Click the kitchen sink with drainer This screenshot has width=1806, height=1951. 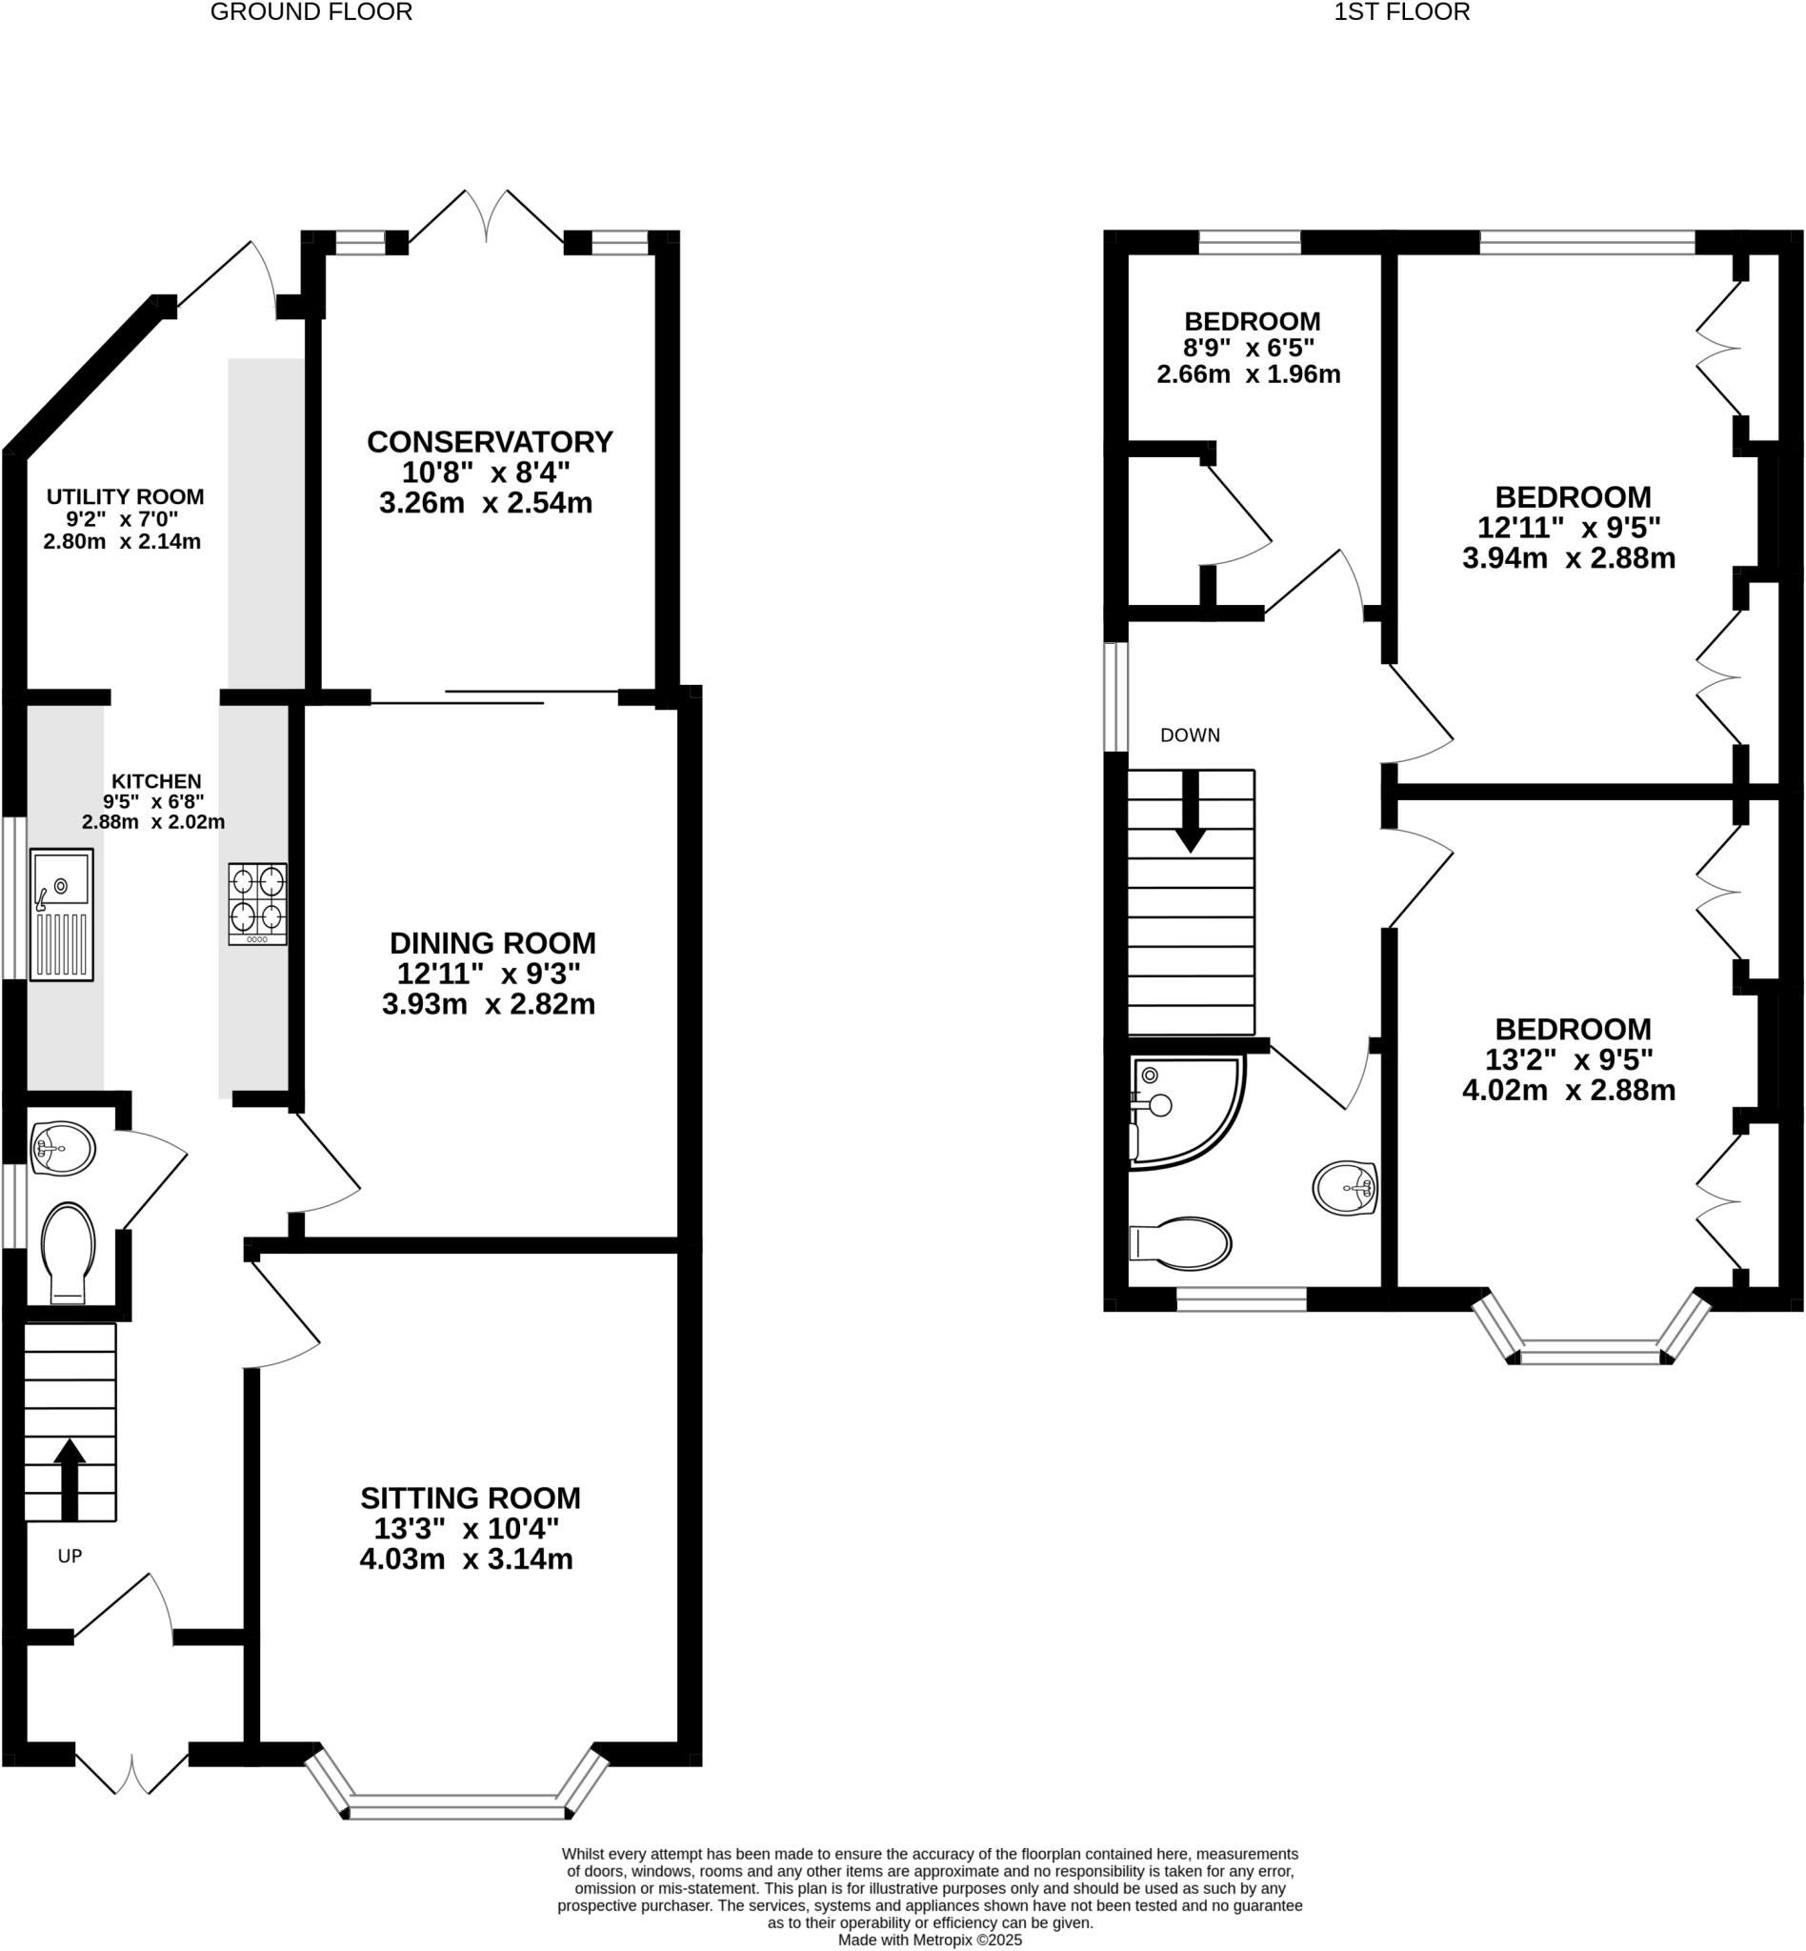(62, 914)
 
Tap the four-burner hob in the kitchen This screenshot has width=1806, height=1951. (257, 903)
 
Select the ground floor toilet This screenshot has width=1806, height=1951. (68, 1252)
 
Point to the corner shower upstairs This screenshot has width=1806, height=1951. (1184, 1111)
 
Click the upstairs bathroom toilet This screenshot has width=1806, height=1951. (1181, 1243)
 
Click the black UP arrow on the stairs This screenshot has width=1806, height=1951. (69, 1478)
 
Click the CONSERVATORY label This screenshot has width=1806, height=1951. (490, 442)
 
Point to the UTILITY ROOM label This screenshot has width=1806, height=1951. (125, 496)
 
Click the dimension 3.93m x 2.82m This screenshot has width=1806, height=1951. (488, 1004)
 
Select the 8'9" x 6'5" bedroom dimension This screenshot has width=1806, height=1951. (1248, 347)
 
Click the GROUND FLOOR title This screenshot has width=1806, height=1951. (311, 12)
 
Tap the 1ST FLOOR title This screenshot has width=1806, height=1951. (1401, 12)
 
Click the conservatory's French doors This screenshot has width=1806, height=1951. (486, 217)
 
